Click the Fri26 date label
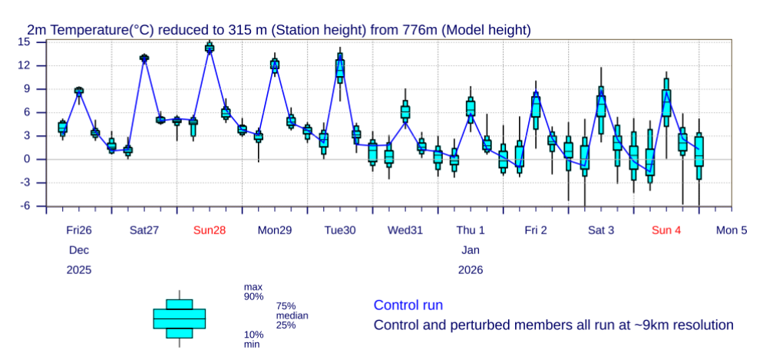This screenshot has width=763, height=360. tap(79, 230)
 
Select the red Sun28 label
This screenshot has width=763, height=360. tap(210, 230)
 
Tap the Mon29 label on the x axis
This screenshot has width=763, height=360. tap(275, 230)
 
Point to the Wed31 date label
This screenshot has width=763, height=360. tap(405, 230)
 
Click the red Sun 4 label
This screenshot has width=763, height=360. tap(666, 230)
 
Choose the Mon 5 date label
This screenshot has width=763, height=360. tap(732, 230)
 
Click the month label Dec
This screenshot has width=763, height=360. tap(79, 250)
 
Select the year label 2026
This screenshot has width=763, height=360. tap(471, 270)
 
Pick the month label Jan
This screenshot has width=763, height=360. tap(471, 250)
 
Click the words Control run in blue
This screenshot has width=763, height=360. tap(408, 306)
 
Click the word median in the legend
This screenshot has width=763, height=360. tap(292, 315)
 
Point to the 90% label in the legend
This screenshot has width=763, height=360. tap(253, 296)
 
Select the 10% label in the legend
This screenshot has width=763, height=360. tap(253, 335)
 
